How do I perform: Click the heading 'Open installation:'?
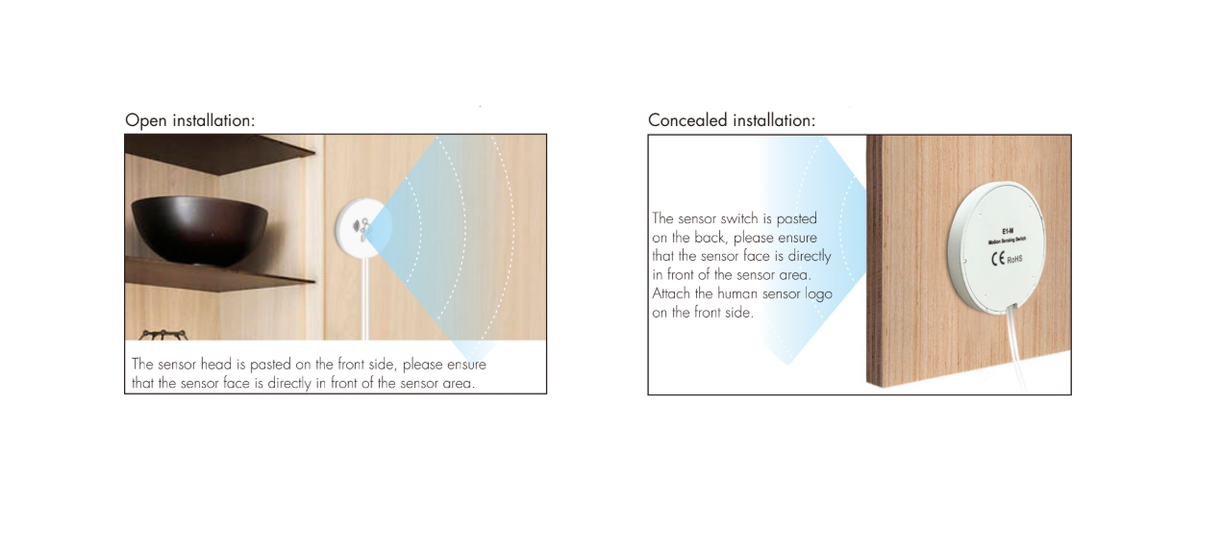[x=189, y=120]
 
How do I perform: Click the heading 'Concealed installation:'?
[x=731, y=120]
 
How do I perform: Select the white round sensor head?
[x=359, y=228]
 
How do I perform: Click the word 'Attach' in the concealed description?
[x=671, y=293]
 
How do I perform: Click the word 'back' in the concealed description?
[x=713, y=238]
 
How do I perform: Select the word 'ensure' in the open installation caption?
[x=466, y=365]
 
